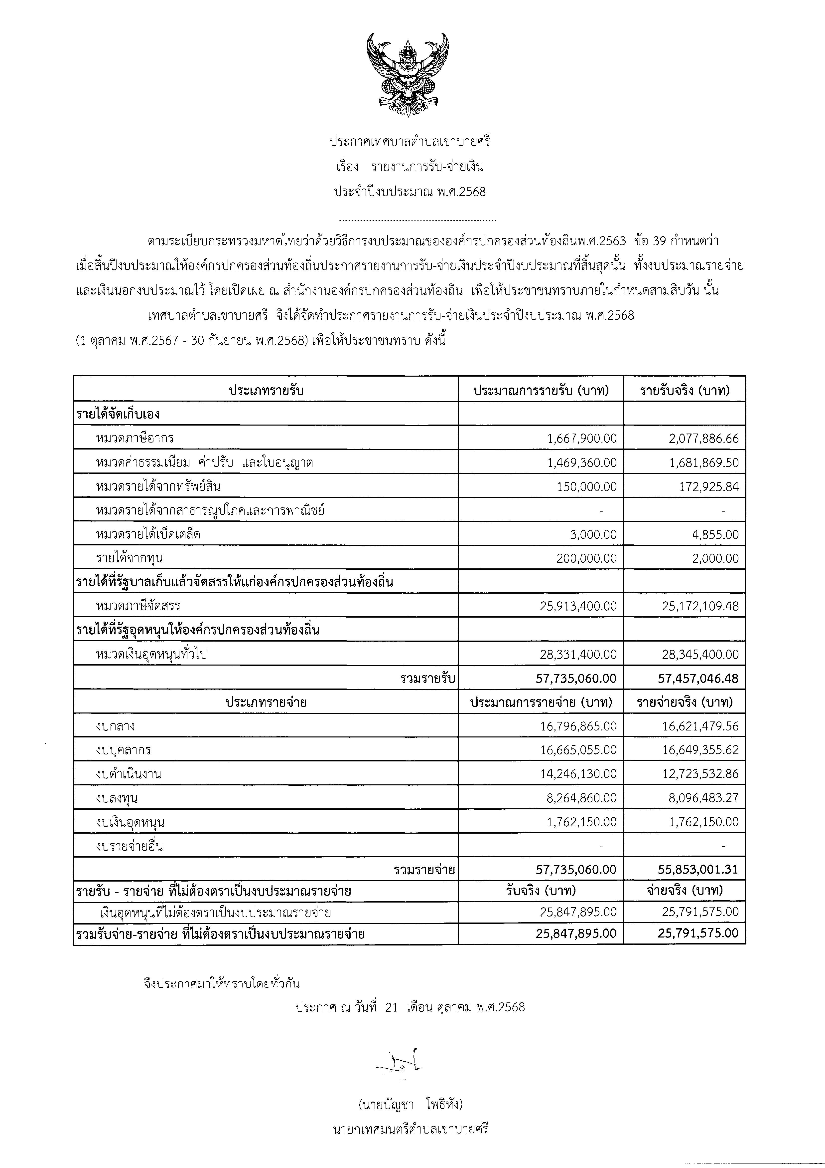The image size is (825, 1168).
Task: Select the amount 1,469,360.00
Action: pyautogui.click(x=582, y=463)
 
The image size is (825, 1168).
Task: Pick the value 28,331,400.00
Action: pyautogui.click(x=578, y=654)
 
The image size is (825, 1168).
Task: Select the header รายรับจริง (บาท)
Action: pyautogui.click(x=685, y=391)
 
